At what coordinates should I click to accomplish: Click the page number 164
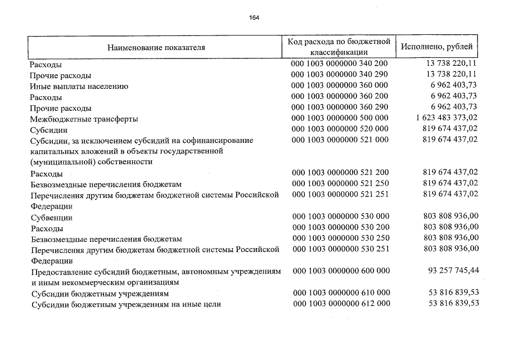[x=254, y=17]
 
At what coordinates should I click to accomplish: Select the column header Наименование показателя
[x=156, y=47]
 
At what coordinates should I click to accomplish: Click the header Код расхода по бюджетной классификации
[x=339, y=47]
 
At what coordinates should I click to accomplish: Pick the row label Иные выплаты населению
[x=79, y=86]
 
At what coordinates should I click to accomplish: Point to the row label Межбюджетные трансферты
[x=84, y=119]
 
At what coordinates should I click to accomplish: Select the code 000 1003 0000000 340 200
[x=339, y=65]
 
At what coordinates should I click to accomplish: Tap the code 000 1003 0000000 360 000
[x=339, y=86]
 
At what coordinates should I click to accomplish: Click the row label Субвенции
[x=51, y=218]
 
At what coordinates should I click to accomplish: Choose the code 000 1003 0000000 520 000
[x=339, y=129]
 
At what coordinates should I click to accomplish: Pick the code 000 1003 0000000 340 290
[x=339, y=75]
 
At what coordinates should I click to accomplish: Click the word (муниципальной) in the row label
[x=60, y=161]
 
